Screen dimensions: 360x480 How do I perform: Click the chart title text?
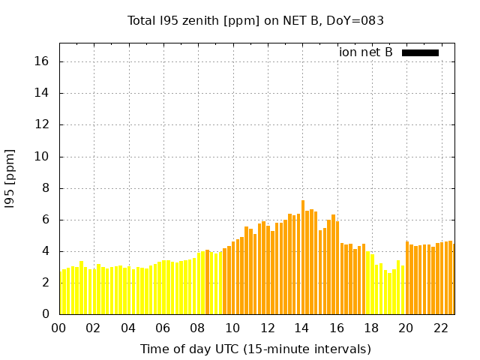pos(256,20)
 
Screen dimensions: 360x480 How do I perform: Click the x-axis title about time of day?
pos(256,349)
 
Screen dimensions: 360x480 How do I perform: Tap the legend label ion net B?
pos(366,52)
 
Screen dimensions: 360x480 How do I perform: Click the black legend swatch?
pos(420,52)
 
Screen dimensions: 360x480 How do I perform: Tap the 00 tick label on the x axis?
pos(59,328)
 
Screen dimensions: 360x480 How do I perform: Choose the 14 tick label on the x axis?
pos(301,328)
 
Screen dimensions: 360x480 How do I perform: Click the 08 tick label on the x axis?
pos(198,328)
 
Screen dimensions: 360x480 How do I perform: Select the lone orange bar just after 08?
pos(207,282)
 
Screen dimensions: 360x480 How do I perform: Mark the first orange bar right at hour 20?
pos(407,277)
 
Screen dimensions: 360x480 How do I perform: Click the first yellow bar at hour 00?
pos(61,292)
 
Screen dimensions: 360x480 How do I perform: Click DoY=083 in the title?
pos(357,20)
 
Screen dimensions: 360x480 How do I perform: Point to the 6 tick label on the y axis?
pos(46,220)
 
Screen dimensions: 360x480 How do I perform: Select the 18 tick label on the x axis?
pos(371,328)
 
